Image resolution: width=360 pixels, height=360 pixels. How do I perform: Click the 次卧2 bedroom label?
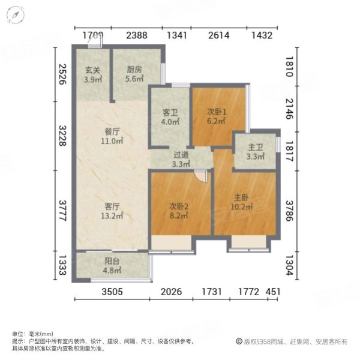point(179,211)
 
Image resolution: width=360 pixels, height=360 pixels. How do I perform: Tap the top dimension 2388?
point(137,35)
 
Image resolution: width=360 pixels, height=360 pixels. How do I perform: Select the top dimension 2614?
point(219,35)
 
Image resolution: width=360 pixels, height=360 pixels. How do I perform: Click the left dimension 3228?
point(62,139)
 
